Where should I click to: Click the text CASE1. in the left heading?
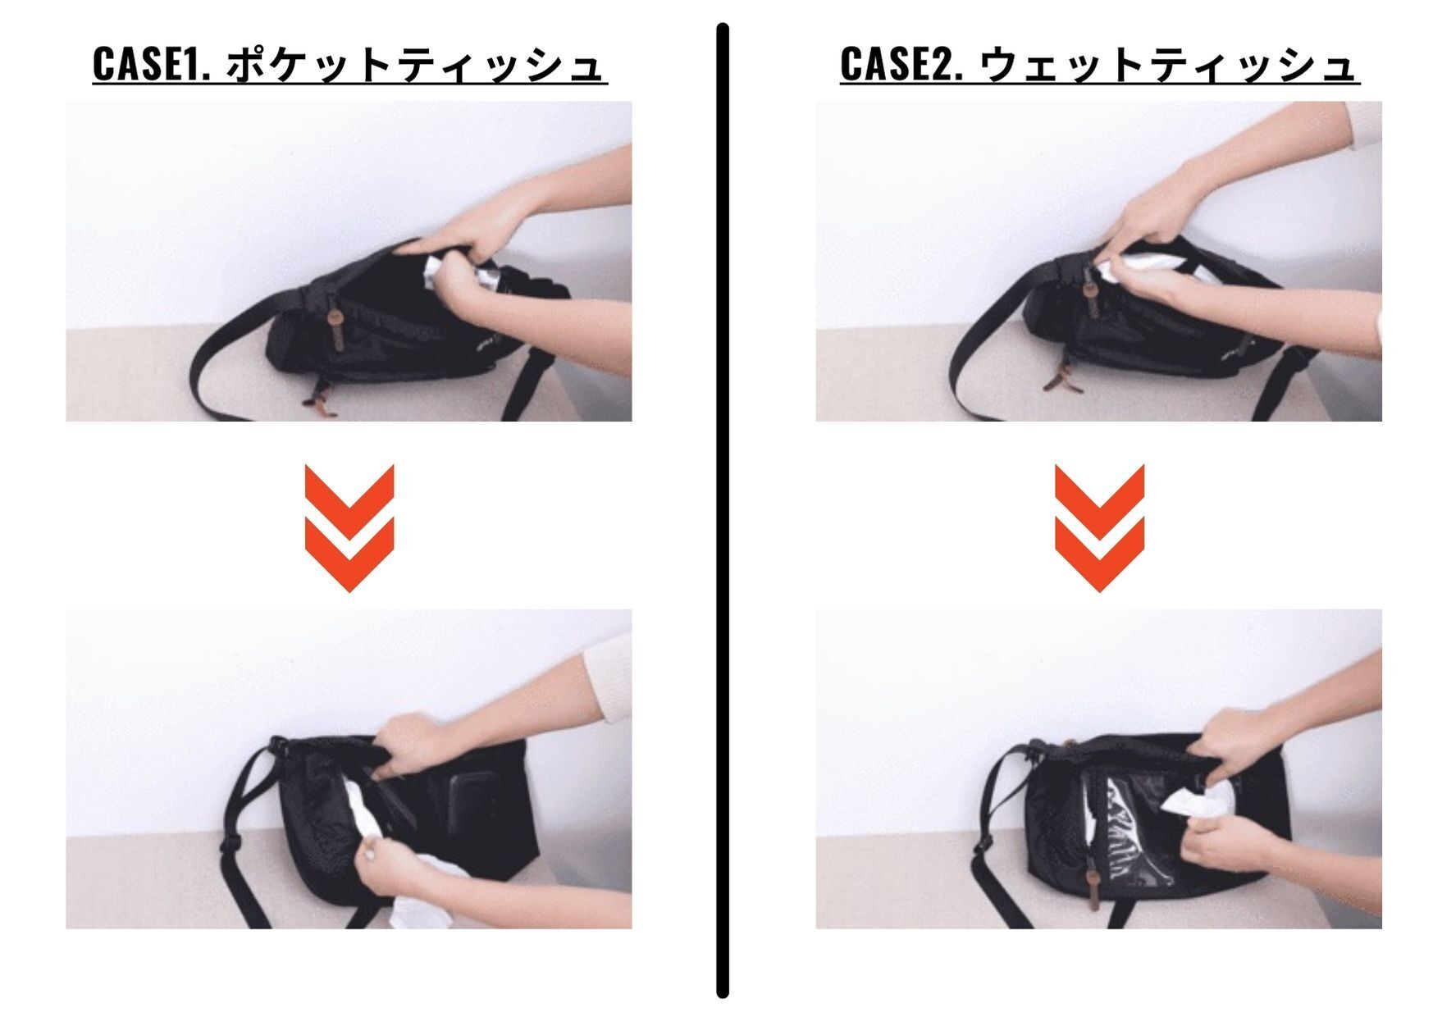click(152, 64)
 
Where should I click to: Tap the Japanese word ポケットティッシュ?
click(415, 64)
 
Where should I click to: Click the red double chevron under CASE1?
click(349, 527)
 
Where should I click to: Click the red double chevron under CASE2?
click(1099, 527)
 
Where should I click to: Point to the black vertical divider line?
click(723, 510)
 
